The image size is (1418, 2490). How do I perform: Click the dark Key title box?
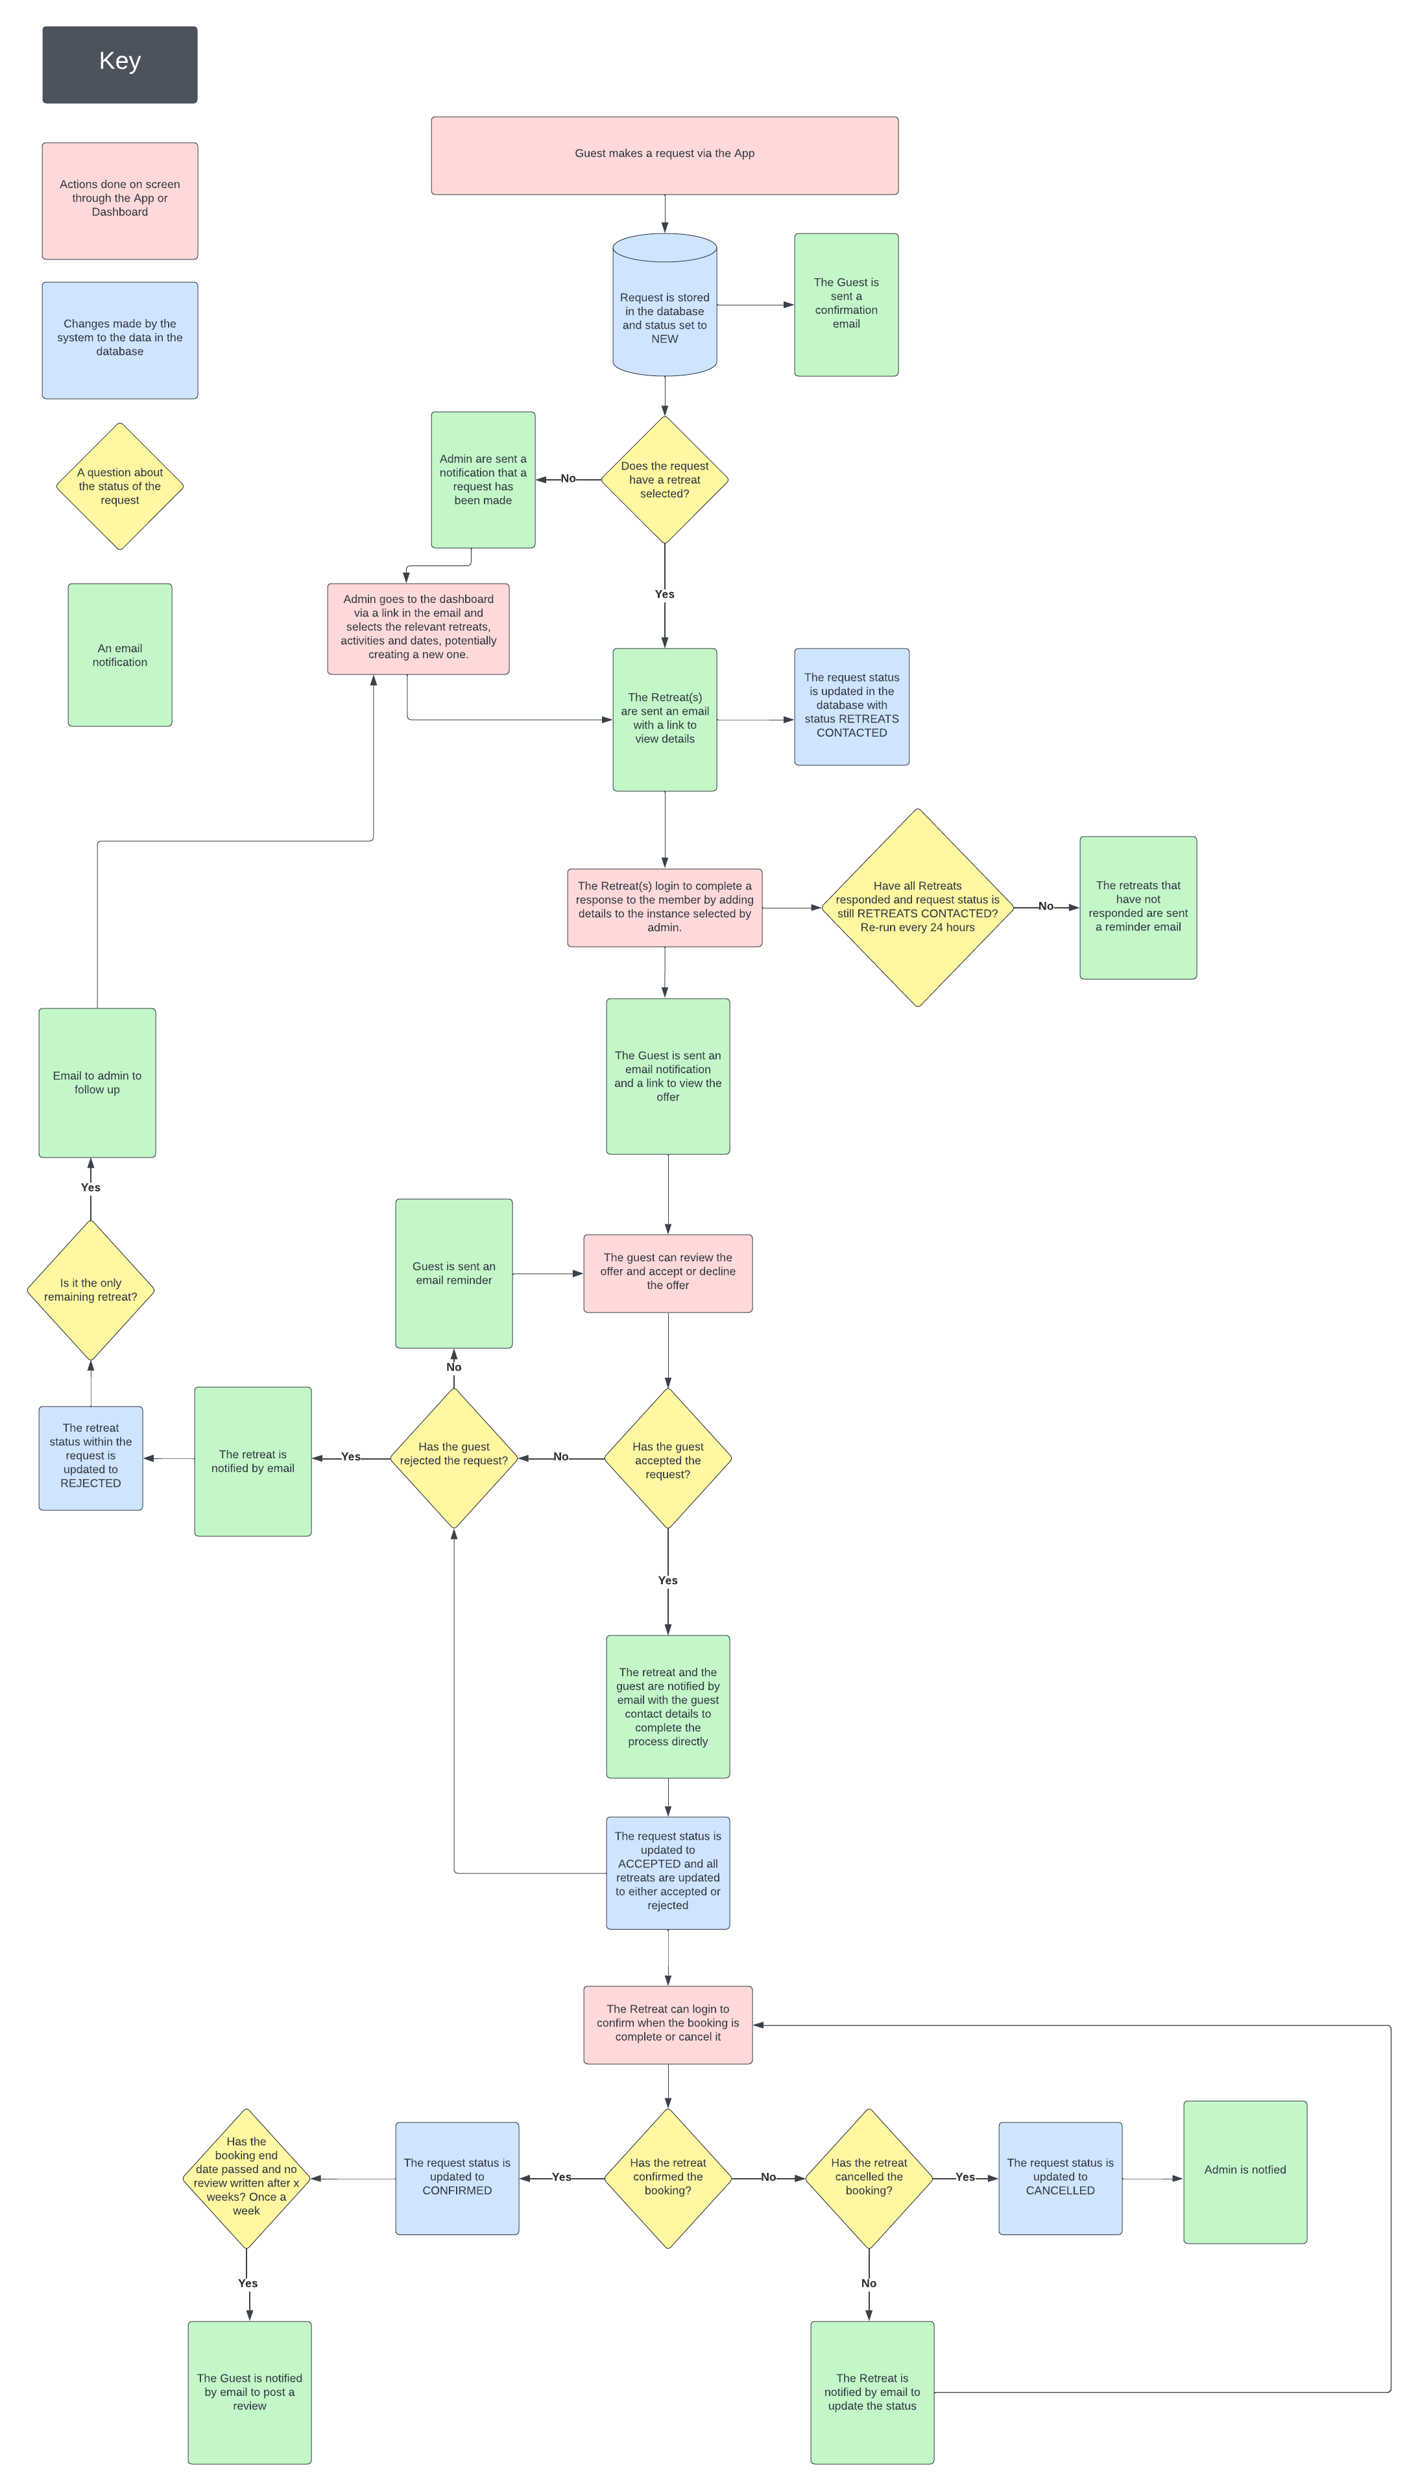coord(120,64)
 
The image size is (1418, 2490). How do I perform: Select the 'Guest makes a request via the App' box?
coord(664,156)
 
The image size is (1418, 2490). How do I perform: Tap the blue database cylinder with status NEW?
coord(664,305)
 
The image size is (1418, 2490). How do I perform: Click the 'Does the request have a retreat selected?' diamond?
coord(664,480)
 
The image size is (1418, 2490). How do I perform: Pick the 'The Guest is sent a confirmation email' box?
coord(847,305)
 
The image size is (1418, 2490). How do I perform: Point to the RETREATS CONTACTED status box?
coord(851,707)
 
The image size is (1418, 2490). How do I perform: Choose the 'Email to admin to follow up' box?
coord(97,1082)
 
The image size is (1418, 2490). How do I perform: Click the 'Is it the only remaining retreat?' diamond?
coord(91,1290)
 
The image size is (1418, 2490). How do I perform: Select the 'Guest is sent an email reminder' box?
coord(454,1274)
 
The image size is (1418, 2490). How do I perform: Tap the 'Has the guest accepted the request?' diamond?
coord(668,1458)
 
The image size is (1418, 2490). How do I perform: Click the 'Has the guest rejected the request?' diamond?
coord(454,1458)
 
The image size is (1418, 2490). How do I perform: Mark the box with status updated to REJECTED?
coord(91,1458)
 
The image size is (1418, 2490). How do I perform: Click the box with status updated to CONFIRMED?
coord(457,2179)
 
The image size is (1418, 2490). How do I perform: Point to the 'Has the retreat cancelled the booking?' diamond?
coord(869,2179)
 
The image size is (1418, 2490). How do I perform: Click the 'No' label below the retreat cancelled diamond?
coord(869,2282)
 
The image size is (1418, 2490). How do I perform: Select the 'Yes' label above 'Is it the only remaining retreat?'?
coord(91,1187)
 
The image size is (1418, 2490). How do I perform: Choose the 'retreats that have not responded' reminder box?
coord(1138,907)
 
